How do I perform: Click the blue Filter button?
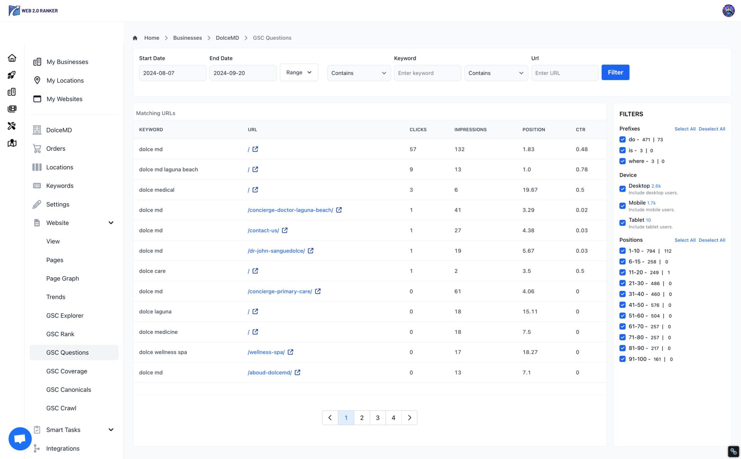point(615,72)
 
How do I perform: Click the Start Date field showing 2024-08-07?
point(172,73)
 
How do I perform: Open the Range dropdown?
point(299,72)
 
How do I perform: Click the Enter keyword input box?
point(427,73)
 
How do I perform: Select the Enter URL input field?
point(564,73)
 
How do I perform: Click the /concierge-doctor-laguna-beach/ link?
point(290,210)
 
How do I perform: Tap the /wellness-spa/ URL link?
point(266,352)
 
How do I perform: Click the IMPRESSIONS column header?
point(470,130)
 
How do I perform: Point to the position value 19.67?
point(530,190)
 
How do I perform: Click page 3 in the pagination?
point(377,418)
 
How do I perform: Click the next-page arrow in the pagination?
point(409,418)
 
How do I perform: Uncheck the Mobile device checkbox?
point(622,206)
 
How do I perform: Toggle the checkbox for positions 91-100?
point(622,359)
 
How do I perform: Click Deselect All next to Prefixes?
point(712,129)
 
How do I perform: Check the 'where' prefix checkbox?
point(622,161)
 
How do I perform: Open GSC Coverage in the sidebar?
point(67,371)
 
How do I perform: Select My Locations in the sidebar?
point(65,80)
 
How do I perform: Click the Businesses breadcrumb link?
point(187,38)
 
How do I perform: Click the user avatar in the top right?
point(728,10)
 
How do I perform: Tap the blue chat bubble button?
point(20,439)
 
